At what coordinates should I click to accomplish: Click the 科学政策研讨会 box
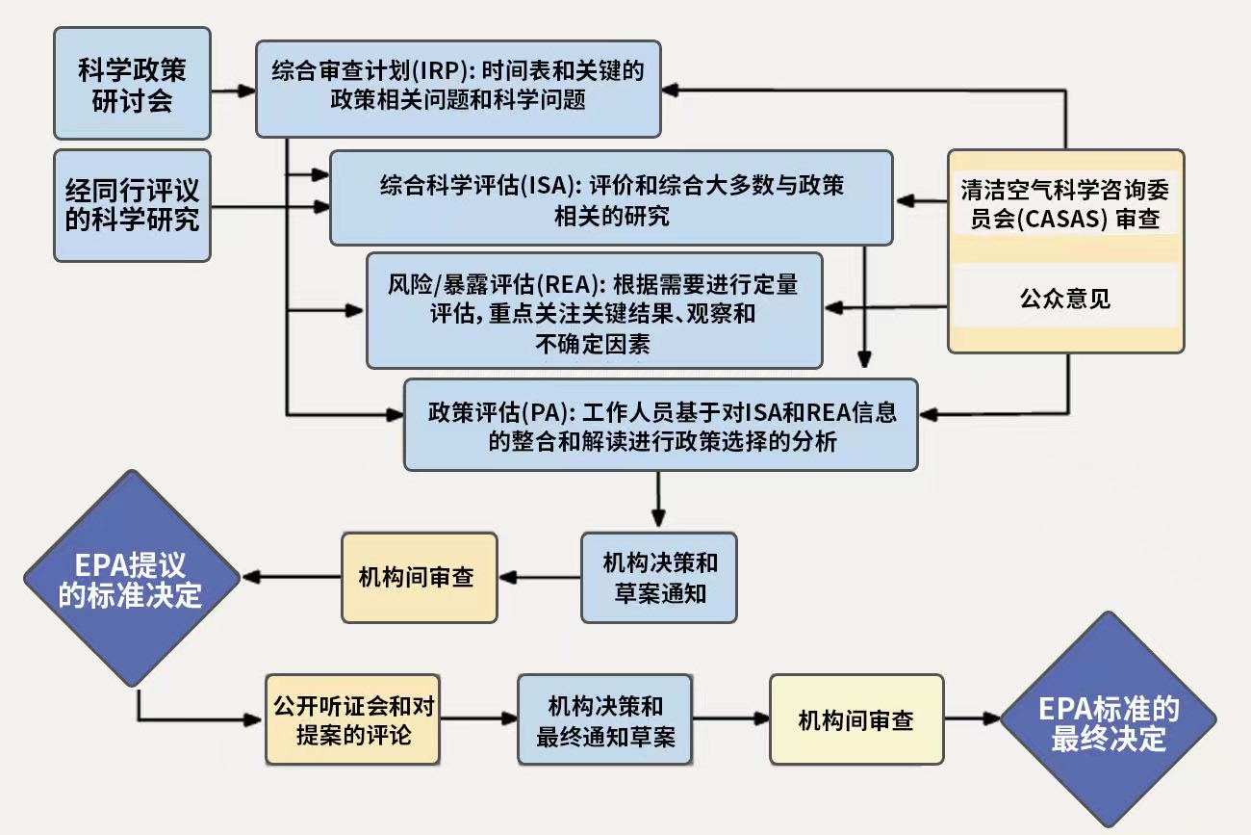(132, 84)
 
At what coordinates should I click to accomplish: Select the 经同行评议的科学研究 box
(132, 205)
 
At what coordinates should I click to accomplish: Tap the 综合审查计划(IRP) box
(457, 87)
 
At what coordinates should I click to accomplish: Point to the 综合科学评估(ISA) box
(611, 197)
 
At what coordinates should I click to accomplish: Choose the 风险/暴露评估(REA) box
(594, 310)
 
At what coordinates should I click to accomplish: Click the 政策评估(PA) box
(660, 425)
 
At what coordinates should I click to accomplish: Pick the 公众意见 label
(1065, 299)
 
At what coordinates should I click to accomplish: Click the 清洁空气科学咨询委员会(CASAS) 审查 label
(1065, 204)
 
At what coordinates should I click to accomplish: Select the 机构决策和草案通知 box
(659, 577)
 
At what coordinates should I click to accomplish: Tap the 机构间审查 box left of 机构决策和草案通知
(419, 577)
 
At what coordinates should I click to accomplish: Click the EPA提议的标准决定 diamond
(131, 579)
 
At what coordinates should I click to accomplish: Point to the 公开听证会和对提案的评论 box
(353, 719)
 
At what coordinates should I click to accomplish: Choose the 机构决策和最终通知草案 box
(604, 719)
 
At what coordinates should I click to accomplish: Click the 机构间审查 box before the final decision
(855, 719)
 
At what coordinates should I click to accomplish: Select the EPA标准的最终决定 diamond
(1108, 720)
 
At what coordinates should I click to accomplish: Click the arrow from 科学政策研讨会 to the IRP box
(233, 91)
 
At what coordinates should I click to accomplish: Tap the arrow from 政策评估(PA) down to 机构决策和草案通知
(659, 501)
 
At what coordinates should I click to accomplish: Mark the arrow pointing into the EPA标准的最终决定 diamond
(973, 718)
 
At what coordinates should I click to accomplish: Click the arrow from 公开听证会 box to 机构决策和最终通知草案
(479, 718)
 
